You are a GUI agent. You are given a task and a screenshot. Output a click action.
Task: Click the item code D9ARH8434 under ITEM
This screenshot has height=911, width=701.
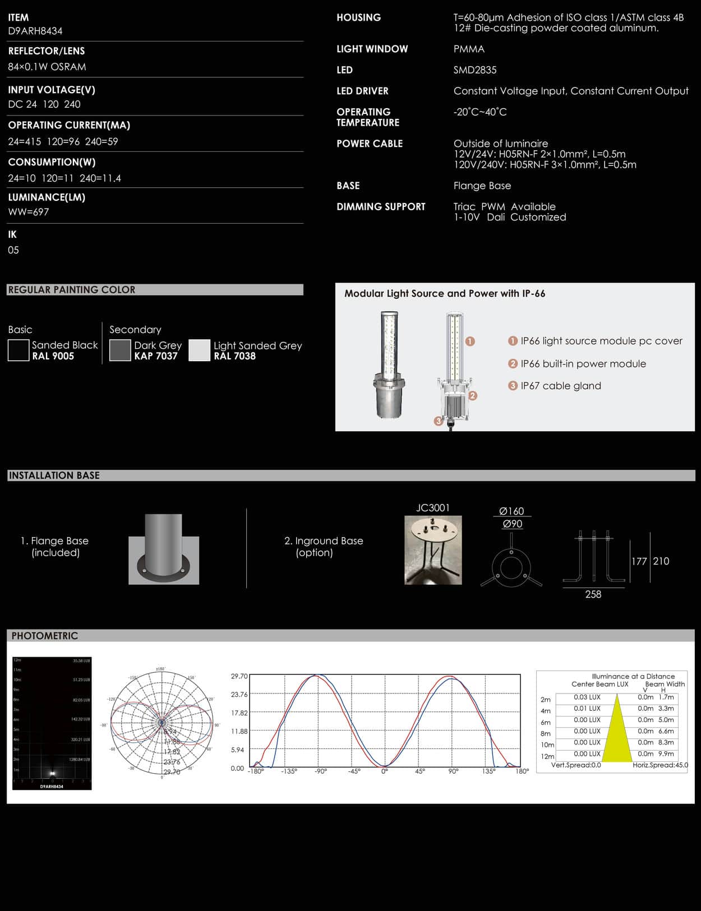coord(35,31)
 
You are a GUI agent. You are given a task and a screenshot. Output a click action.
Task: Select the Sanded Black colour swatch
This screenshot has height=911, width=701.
coord(19,350)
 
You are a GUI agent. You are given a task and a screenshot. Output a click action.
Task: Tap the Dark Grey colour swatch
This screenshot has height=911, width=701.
coord(120,350)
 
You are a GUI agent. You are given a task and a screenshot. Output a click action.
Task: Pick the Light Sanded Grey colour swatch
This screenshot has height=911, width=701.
coord(199,350)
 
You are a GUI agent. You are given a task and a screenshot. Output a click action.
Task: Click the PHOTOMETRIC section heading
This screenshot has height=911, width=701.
coord(45,636)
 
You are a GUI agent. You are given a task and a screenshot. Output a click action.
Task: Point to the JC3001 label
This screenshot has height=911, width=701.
coord(433,508)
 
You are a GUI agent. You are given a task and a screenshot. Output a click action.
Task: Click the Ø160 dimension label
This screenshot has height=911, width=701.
coord(511,511)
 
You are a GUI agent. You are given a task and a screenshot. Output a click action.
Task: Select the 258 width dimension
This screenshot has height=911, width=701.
coord(593,594)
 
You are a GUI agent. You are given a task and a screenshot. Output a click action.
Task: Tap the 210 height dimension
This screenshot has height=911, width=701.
coord(661,561)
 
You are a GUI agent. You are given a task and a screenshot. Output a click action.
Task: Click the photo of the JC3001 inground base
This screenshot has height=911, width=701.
coord(433,550)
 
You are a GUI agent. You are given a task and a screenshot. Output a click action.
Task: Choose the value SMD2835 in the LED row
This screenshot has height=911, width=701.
coord(475,70)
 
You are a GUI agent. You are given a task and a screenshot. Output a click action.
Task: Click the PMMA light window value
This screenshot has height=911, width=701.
coord(469,49)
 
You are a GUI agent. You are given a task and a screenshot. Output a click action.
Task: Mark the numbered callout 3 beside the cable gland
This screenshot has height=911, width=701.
coord(439,421)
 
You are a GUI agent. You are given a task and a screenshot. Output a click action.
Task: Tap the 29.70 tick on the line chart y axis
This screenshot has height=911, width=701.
coord(239,676)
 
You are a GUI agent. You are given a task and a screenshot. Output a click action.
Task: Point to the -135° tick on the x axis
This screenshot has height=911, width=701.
coord(289,771)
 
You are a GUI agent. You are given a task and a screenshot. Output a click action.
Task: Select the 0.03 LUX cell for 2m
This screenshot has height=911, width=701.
coord(587,697)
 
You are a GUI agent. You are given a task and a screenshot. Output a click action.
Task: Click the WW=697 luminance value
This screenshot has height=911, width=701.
coord(29,212)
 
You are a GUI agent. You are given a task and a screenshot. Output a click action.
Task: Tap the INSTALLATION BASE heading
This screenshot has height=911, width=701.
coord(54,475)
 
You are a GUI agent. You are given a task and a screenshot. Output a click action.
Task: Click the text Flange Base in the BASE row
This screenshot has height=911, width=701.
coord(482,186)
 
